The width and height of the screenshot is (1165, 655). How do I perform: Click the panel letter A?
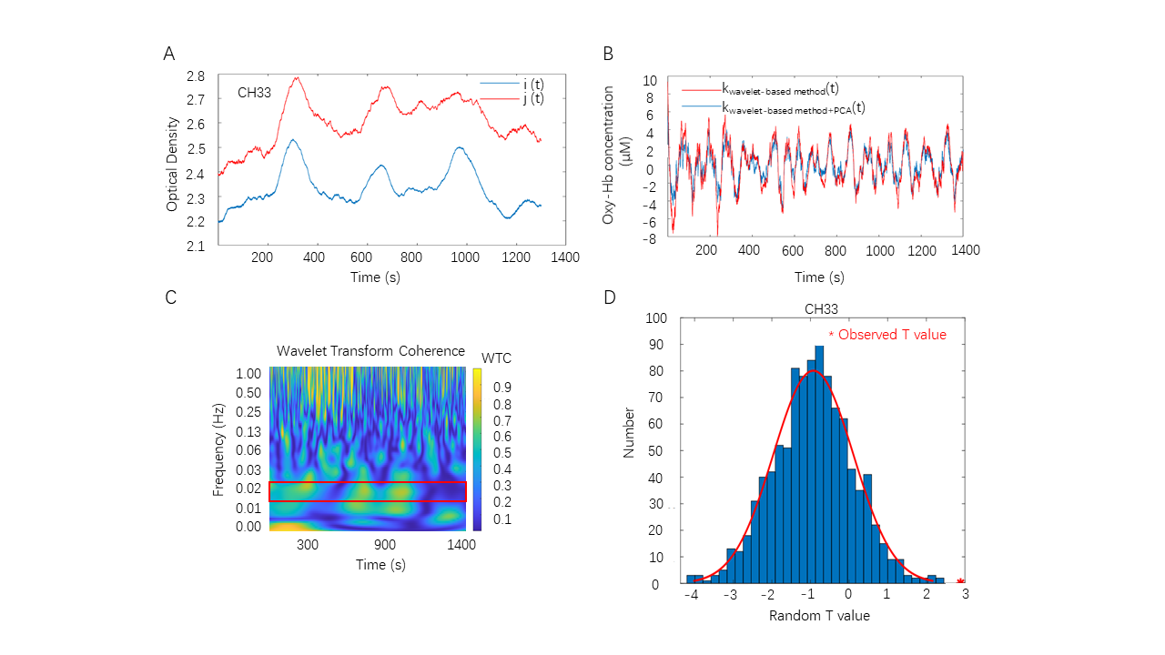click(x=169, y=54)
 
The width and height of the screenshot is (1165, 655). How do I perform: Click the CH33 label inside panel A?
click(x=255, y=92)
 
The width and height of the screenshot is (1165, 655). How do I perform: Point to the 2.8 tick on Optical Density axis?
click(x=196, y=76)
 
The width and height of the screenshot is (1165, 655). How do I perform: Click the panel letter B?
click(x=609, y=54)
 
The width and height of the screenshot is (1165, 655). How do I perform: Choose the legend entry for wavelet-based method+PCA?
click(x=792, y=107)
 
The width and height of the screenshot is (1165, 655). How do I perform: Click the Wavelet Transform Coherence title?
click(x=370, y=351)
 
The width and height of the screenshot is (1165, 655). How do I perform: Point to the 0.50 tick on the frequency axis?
click(x=249, y=391)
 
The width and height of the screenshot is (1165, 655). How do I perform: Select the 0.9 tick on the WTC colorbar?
click(x=501, y=387)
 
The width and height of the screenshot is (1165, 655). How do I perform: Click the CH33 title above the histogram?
click(x=821, y=309)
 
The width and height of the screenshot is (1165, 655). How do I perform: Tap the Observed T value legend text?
click(x=892, y=335)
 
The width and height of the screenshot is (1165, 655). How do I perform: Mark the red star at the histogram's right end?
click(x=961, y=580)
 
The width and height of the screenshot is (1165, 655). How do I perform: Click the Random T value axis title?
click(x=819, y=616)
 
